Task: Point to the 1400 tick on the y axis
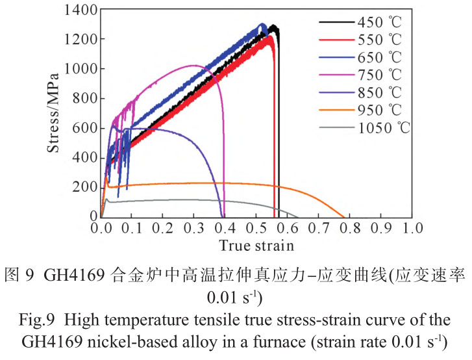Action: click(81, 10)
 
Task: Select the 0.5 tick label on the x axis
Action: click(256, 228)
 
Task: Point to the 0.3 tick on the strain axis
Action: click(194, 228)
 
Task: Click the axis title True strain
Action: click(256, 246)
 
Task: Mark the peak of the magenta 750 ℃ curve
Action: click(193, 65)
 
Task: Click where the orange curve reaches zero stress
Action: click(345, 217)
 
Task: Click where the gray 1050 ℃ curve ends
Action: click(299, 217)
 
